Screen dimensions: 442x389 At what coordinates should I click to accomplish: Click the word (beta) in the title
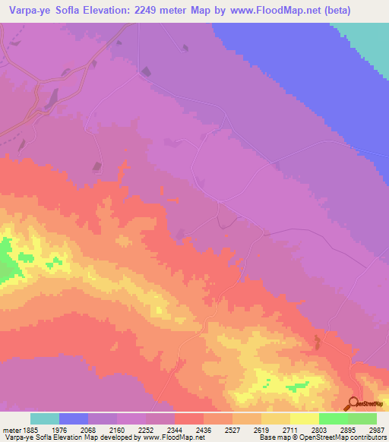click(x=367, y=11)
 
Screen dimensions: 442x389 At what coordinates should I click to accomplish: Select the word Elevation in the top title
click(x=115, y=11)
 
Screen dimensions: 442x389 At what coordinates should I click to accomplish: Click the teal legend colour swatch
click(x=45, y=418)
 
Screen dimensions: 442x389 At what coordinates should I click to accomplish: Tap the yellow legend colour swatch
click(x=305, y=418)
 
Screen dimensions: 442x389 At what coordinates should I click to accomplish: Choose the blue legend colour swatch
click(x=74, y=418)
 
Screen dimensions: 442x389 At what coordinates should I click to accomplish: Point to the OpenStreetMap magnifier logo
click(x=351, y=404)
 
